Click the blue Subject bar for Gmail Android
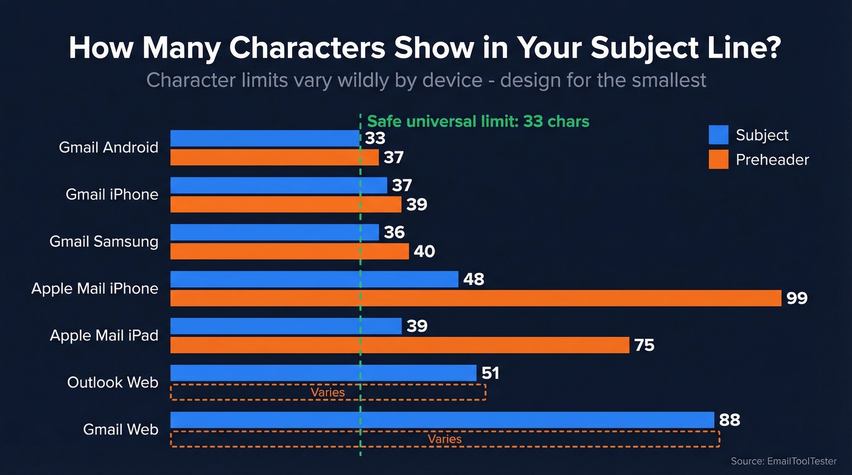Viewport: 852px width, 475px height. [265, 138]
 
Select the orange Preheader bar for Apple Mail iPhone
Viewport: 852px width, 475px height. [475, 298]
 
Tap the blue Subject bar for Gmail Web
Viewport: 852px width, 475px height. [442, 420]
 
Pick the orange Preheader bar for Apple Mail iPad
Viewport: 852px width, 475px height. [399, 345]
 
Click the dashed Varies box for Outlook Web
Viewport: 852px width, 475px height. [328, 392]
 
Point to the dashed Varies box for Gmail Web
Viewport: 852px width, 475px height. [445, 439]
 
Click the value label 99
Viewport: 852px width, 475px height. [797, 299]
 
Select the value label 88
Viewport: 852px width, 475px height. [730, 420]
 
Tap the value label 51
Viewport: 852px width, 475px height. [490, 373]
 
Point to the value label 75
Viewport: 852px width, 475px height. [644, 345]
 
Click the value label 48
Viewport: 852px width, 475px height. [473, 279]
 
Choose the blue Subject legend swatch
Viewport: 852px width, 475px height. [718, 135]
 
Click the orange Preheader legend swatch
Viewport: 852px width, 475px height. [718, 160]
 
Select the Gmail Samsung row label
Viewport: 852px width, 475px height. [103, 241]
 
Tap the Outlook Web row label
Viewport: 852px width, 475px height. [113, 383]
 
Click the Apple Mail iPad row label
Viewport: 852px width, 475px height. [103, 335]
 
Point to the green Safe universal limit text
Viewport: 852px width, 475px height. [478, 121]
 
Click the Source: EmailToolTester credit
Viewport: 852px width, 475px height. [783, 462]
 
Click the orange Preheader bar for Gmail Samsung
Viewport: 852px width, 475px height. [289, 251]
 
